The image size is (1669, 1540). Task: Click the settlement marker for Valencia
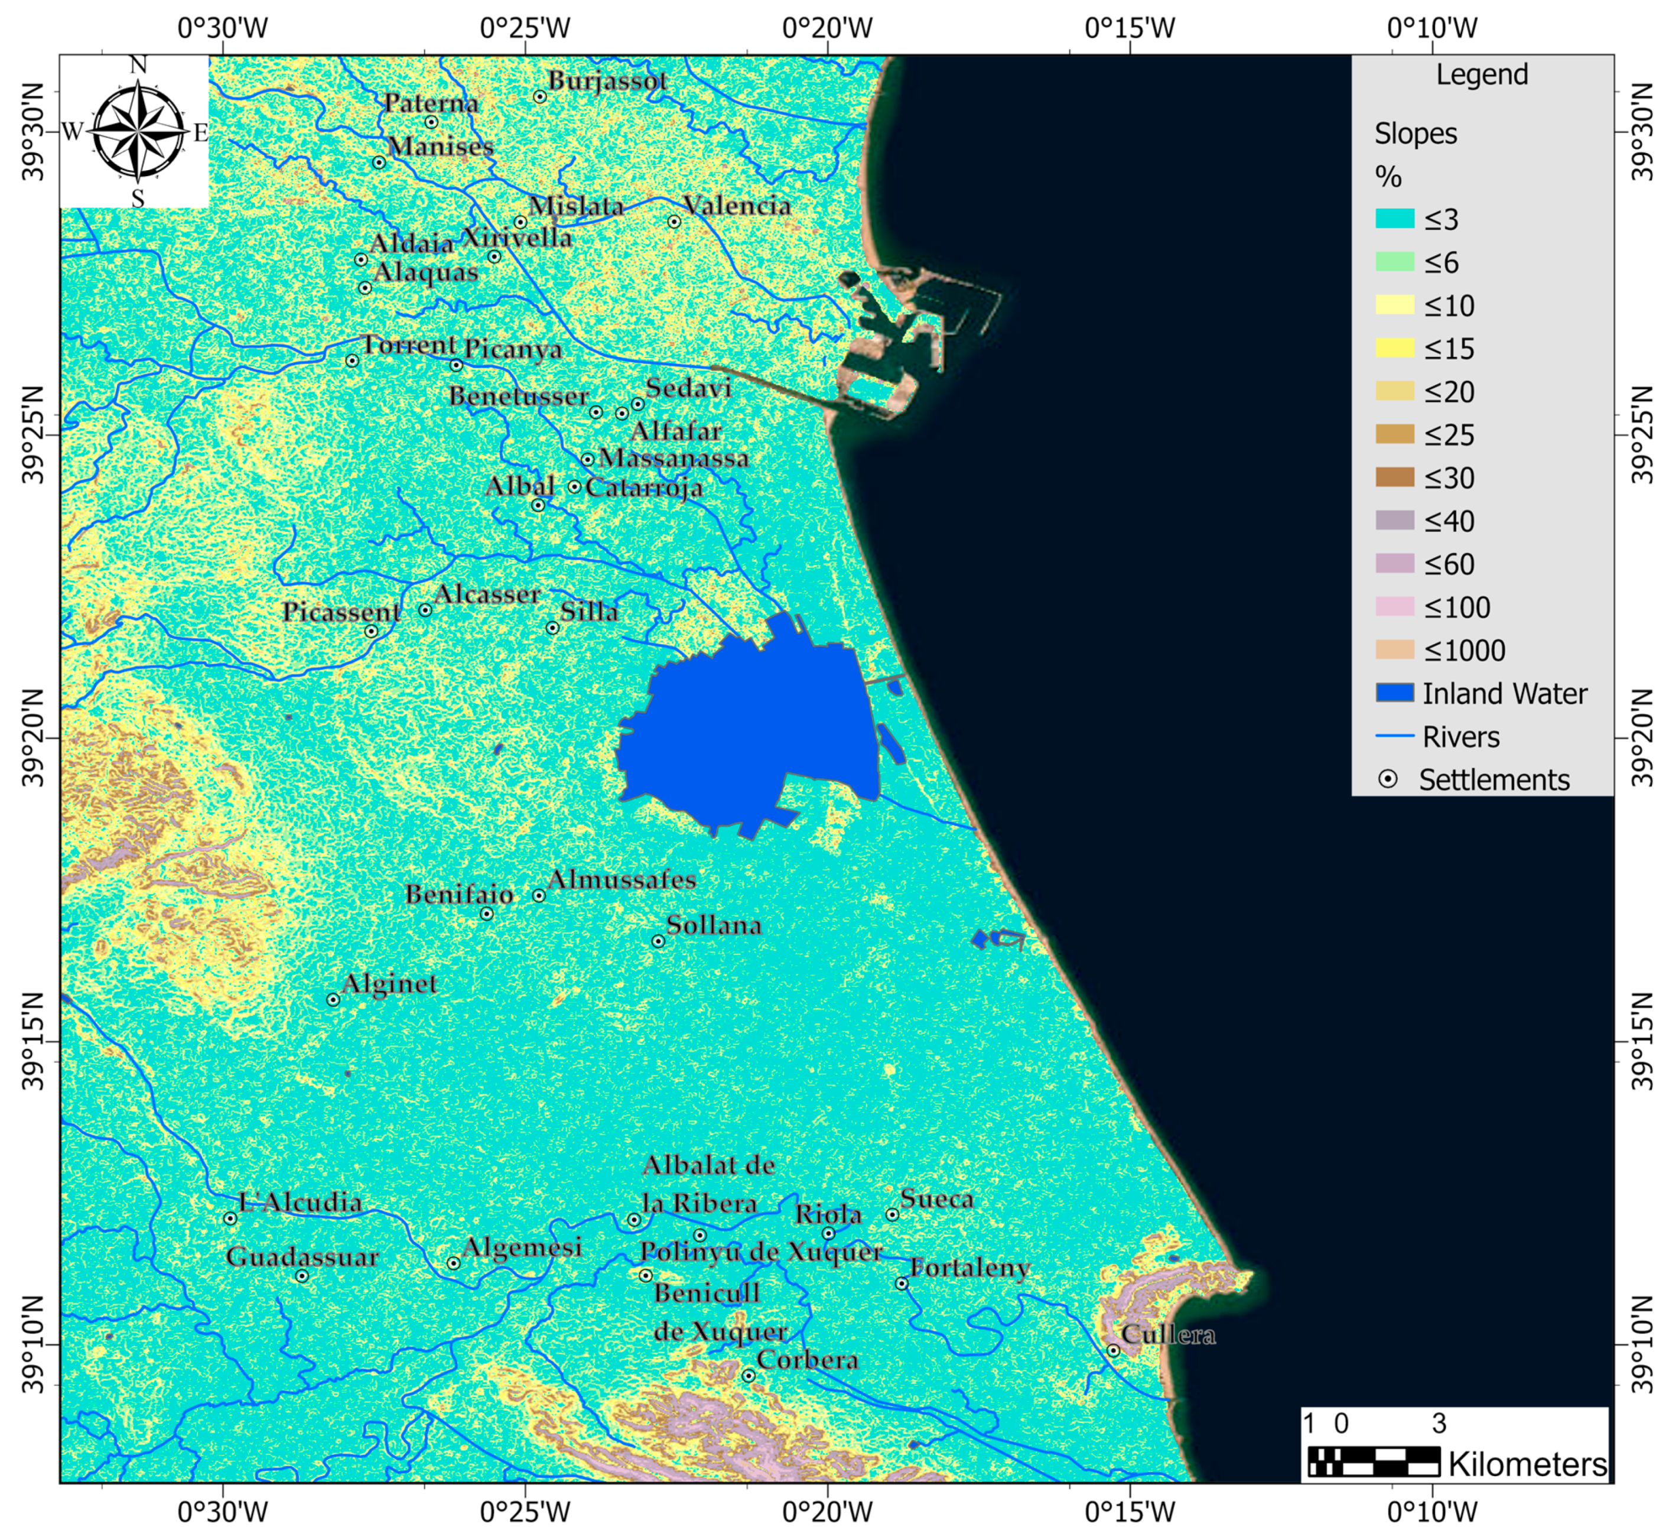pyautogui.click(x=674, y=222)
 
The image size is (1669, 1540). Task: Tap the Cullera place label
pyautogui.click(x=1167, y=1334)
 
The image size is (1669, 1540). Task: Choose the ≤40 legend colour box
pyautogui.click(x=1394, y=521)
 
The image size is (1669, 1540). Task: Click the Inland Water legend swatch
pyautogui.click(x=1394, y=693)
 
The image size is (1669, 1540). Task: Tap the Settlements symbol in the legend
pyautogui.click(x=1387, y=779)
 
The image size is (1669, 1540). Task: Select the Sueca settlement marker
pyautogui.click(x=892, y=1214)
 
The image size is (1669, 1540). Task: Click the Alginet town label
pyautogui.click(x=389, y=983)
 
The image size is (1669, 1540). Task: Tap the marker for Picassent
pyautogui.click(x=372, y=631)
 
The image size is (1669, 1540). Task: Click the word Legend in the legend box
pyautogui.click(x=1482, y=75)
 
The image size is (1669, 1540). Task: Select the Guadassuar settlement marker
pyautogui.click(x=302, y=1276)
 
